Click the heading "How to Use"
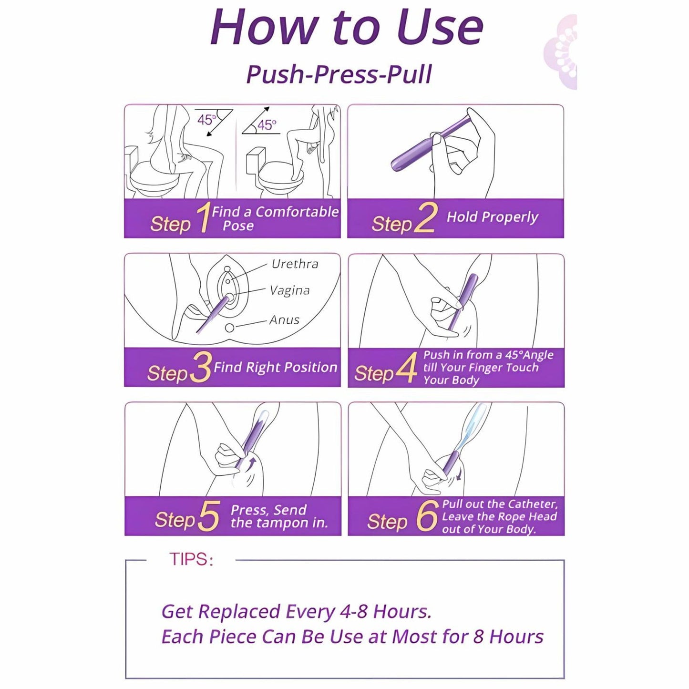[347, 28]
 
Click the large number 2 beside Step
[425, 218]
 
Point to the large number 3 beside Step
[200, 368]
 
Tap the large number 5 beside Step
[208, 516]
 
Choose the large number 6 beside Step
[427, 515]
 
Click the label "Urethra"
[295, 264]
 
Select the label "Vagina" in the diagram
[289, 290]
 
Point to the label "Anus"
[284, 319]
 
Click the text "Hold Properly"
[493, 217]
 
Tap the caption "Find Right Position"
[275, 368]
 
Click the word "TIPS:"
[191, 559]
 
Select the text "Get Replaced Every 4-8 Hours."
[297, 611]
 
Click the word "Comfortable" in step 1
[297, 212]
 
